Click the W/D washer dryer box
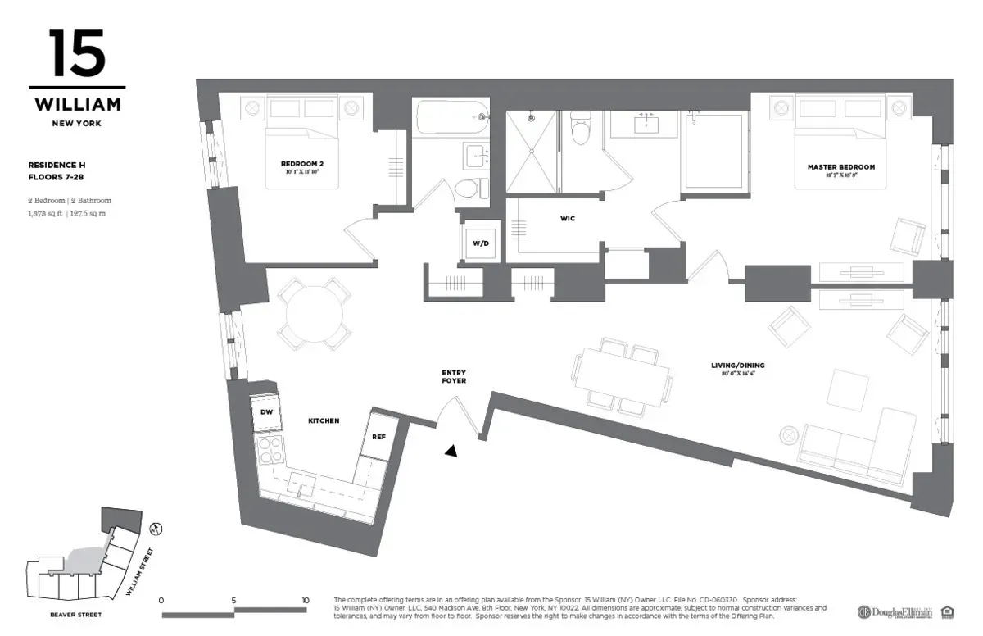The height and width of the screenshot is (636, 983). click(x=479, y=243)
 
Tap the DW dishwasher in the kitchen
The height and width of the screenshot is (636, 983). click(x=267, y=412)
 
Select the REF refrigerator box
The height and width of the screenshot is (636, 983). click(x=378, y=437)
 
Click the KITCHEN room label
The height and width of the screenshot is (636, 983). click(x=324, y=420)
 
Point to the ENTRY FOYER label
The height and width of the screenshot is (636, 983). click(x=453, y=377)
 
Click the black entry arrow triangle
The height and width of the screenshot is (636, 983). click(x=450, y=450)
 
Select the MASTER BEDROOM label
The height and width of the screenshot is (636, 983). click(x=840, y=167)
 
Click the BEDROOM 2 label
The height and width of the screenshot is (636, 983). click(x=301, y=164)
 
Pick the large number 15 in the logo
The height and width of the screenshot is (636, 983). click(x=76, y=53)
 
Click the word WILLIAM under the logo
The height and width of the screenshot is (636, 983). click(x=77, y=105)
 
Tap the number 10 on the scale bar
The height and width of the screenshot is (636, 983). click(x=306, y=600)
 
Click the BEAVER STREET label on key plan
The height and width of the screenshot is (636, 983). click(x=76, y=614)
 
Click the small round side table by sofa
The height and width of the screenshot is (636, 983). click(x=788, y=434)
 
